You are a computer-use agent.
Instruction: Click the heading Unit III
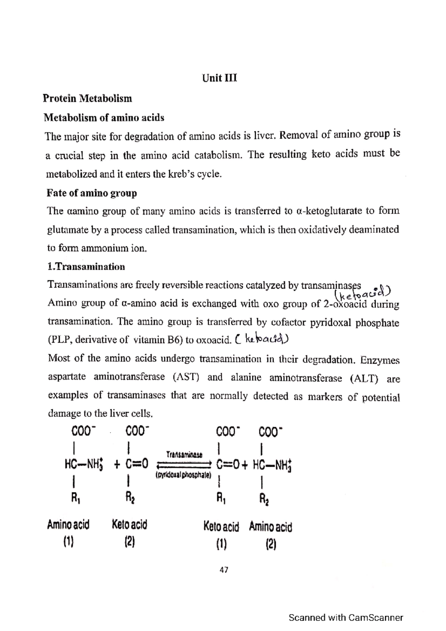tap(219, 78)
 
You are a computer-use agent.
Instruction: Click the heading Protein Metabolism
tap(87, 98)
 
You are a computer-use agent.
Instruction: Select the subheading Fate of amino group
tap(91, 193)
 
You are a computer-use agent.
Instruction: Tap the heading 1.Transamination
tap(86, 267)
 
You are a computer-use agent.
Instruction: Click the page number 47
tap(224, 570)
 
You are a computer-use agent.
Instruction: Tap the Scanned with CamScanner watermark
tap(346, 618)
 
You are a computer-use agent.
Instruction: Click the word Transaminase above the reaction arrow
tap(184, 454)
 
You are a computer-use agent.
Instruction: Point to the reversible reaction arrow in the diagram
tap(184, 465)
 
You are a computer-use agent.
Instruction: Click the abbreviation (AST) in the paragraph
tap(186, 378)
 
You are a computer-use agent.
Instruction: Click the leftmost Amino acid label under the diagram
tap(68, 525)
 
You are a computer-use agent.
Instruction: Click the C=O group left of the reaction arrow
tap(136, 464)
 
